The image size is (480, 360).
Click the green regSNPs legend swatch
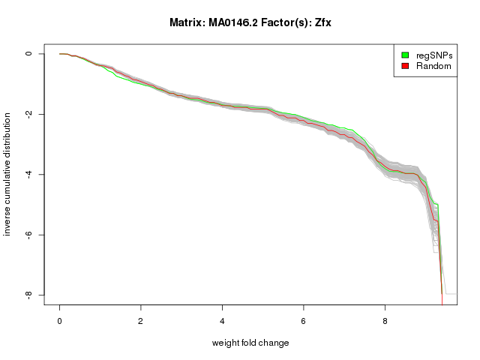pyautogui.click(x=405, y=55)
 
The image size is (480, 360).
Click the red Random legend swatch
pyautogui.click(x=405, y=66)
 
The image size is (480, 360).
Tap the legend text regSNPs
pyautogui.click(x=434, y=55)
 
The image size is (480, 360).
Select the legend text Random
pyautogui.click(x=433, y=66)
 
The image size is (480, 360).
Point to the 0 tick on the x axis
pyautogui.click(x=60, y=321)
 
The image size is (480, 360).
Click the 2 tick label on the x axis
pyautogui.click(x=141, y=321)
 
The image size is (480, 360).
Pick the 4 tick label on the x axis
pyautogui.click(x=222, y=321)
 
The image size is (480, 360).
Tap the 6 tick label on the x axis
pyautogui.click(x=304, y=321)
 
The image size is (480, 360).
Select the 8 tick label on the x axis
pyautogui.click(x=385, y=321)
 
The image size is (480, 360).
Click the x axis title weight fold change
pyautogui.click(x=250, y=343)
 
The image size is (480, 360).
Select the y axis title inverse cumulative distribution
pyautogui.click(x=8, y=175)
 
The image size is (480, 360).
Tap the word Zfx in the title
pyautogui.click(x=322, y=22)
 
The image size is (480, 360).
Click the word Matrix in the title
pyautogui.click(x=185, y=22)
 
